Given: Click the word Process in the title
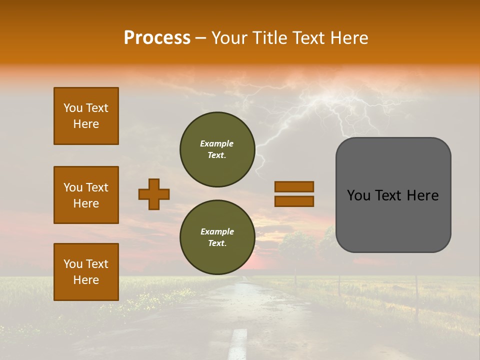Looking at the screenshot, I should [x=157, y=38].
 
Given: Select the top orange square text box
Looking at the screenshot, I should [x=86, y=116].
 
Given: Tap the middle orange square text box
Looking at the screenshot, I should [x=86, y=195].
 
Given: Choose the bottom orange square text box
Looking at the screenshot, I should [x=86, y=272].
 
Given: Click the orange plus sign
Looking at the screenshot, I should [x=154, y=194].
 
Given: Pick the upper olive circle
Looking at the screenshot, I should [x=217, y=149].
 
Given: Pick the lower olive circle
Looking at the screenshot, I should [x=217, y=237].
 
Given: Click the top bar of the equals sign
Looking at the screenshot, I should [x=294, y=187].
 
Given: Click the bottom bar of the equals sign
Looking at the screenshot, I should [x=294, y=201].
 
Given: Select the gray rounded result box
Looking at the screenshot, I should [x=393, y=195].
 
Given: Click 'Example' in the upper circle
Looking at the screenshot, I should [x=217, y=143].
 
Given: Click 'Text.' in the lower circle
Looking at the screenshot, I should [x=217, y=243].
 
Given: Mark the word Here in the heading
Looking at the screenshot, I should [x=349, y=38].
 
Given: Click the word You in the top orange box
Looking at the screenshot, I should [x=72, y=108].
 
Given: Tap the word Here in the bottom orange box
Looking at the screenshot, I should [x=86, y=280].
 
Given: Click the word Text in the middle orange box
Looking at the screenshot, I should [x=96, y=187].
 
